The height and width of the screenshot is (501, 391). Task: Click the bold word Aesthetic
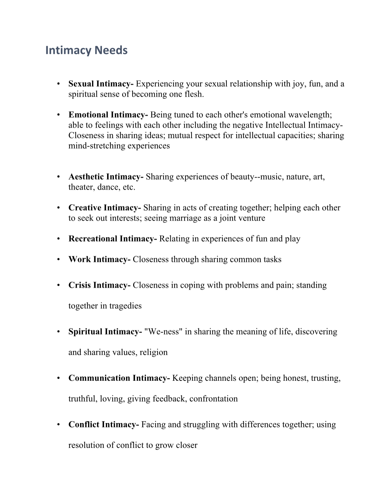click(x=86, y=177)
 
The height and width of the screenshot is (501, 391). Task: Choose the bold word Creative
click(x=85, y=208)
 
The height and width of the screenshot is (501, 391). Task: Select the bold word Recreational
click(x=93, y=239)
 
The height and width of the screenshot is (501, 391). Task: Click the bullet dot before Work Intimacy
click(x=58, y=260)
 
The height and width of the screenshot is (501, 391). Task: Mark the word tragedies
click(x=125, y=306)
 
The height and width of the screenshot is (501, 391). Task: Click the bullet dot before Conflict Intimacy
click(x=58, y=425)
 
